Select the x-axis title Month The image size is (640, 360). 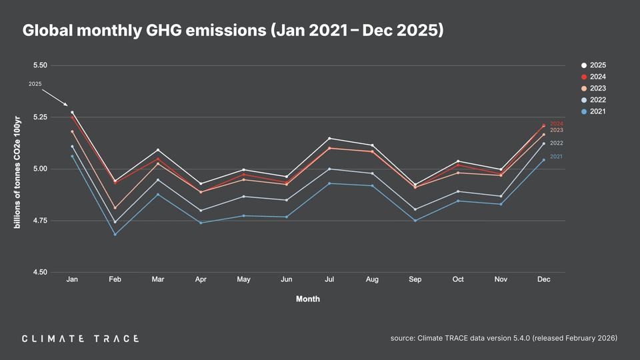pos(308,299)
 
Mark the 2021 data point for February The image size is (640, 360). pos(115,234)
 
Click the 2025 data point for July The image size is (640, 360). pos(329,138)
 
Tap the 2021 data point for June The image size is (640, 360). pos(287,217)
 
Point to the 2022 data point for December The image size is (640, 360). pos(543,143)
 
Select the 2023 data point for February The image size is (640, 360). pos(115,208)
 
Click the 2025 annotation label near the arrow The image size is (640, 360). pos(35,84)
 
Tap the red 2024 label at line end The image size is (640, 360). pos(557,124)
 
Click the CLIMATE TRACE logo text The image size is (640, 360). pos(80,339)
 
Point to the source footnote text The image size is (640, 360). pos(503,339)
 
